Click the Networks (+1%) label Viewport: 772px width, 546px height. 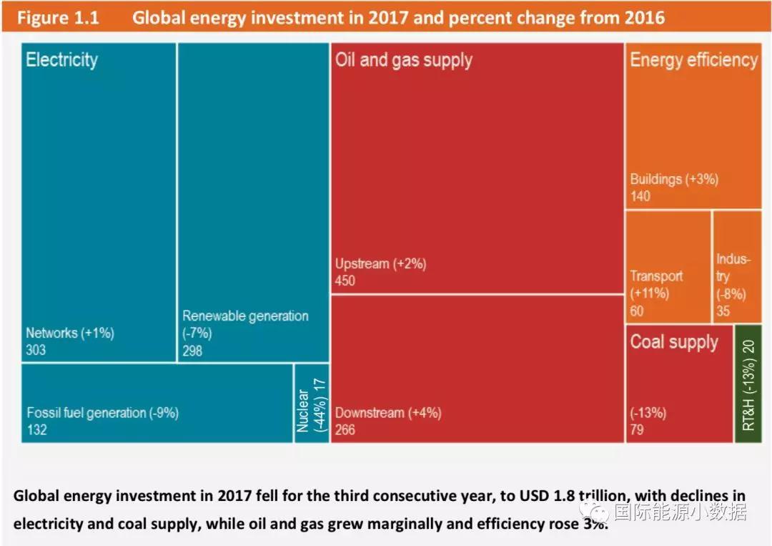click(70, 333)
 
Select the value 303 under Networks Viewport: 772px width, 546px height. click(36, 350)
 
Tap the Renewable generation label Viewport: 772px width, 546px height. click(245, 316)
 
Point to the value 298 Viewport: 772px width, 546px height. click(192, 351)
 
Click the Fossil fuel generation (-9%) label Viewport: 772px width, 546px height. click(102, 413)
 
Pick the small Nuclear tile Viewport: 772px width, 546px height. click(312, 404)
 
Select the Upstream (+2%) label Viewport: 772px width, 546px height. click(380, 264)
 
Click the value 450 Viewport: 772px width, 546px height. click(345, 281)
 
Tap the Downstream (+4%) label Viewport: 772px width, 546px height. click(388, 413)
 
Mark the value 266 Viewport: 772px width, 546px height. click(345, 430)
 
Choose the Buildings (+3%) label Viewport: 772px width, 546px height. click(673, 179)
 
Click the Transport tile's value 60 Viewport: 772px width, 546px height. click(636, 311)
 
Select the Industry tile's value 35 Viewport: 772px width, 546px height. click(724, 311)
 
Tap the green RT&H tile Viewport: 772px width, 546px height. click(748, 384)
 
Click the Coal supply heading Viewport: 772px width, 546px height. click(673, 342)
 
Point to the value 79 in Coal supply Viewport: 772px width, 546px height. click(638, 430)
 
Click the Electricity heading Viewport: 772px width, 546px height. click(61, 60)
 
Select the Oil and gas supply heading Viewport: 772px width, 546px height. click(404, 60)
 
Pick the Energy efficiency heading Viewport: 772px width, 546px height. click(693, 60)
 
